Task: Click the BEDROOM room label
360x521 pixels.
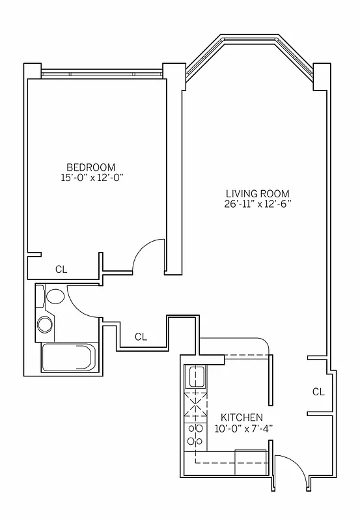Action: [x=90, y=166]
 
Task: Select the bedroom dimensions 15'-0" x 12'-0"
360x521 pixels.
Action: [x=90, y=176]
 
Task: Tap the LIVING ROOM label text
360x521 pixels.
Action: [x=257, y=193]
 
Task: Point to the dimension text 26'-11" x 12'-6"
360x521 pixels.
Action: [x=257, y=204]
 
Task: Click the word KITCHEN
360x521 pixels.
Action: [x=242, y=417]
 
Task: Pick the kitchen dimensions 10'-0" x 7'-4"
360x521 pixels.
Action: [x=242, y=428]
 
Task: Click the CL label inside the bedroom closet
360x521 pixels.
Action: [x=61, y=268]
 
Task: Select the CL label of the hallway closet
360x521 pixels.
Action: [x=141, y=337]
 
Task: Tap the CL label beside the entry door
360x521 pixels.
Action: [x=318, y=391]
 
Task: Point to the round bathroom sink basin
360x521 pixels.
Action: [x=46, y=324]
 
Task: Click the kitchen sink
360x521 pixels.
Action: [x=196, y=376]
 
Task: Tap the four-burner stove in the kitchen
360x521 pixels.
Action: [x=195, y=436]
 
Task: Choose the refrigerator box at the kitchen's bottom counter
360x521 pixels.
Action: [x=251, y=462]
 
